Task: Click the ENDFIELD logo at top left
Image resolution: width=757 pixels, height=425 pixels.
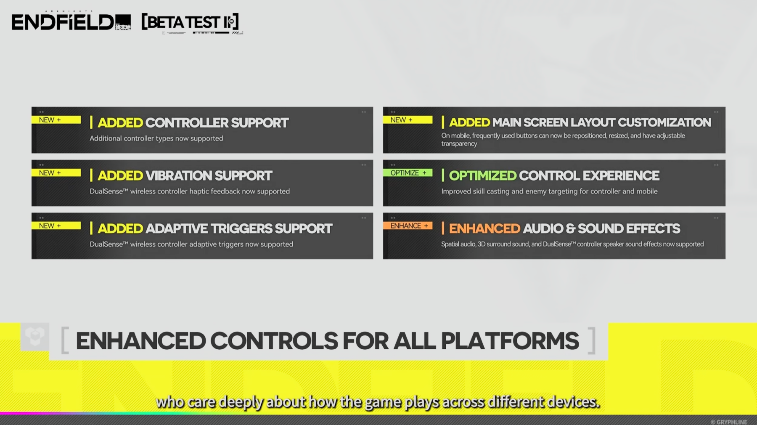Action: click(71, 22)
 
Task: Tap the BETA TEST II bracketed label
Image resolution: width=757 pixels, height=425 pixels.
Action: click(190, 22)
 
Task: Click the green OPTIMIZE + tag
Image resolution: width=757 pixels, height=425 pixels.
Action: click(408, 173)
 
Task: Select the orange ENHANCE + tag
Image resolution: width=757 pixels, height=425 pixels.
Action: click(408, 226)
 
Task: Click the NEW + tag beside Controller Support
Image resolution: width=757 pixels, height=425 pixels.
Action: click(56, 120)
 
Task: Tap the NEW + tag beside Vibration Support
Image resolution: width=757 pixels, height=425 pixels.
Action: click(56, 173)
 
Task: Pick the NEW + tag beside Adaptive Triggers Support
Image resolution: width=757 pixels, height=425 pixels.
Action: click(56, 226)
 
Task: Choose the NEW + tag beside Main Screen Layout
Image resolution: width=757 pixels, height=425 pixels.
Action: click(408, 120)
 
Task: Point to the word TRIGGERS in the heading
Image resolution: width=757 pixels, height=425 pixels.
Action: click(241, 228)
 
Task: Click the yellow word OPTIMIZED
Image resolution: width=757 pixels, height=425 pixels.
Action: click(482, 175)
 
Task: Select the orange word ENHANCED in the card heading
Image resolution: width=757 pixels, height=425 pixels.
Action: click(484, 228)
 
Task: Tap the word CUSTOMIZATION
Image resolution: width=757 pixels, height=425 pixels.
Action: click(664, 122)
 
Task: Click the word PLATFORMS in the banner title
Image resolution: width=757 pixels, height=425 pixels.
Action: click(510, 341)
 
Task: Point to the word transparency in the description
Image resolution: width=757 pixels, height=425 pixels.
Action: click(459, 144)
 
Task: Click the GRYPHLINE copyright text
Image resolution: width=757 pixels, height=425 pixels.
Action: click(729, 422)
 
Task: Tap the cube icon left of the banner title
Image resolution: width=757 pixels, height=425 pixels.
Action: click(35, 337)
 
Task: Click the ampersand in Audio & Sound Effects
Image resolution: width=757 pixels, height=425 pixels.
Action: click(571, 228)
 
